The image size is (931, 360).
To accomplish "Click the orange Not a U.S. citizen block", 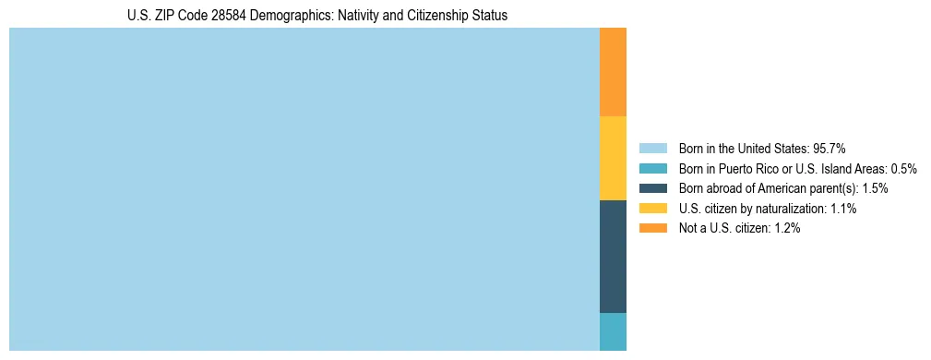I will click(x=613, y=72).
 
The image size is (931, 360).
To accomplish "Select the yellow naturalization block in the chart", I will click(x=613, y=158).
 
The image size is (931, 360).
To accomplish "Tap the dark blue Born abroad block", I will click(x=613, y=257).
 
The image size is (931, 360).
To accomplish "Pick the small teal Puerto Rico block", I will click(x=613, y=331).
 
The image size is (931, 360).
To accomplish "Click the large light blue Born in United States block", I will click(x=304, y=189).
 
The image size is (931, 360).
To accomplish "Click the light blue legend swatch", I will click(x=652, y=149).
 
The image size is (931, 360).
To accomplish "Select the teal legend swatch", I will click(x=652, y=169).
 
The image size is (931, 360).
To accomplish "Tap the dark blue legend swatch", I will click(x=652, y=188).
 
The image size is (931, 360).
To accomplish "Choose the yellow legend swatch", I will click(x=652, y=209).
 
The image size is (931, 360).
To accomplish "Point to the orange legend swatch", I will click(x=652, y=229).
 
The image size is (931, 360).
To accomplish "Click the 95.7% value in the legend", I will click(x=829, y=149).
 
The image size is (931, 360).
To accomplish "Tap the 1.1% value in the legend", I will click(x=841, y=209).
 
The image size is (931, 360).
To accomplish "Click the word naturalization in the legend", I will click(x=787, y=209).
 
